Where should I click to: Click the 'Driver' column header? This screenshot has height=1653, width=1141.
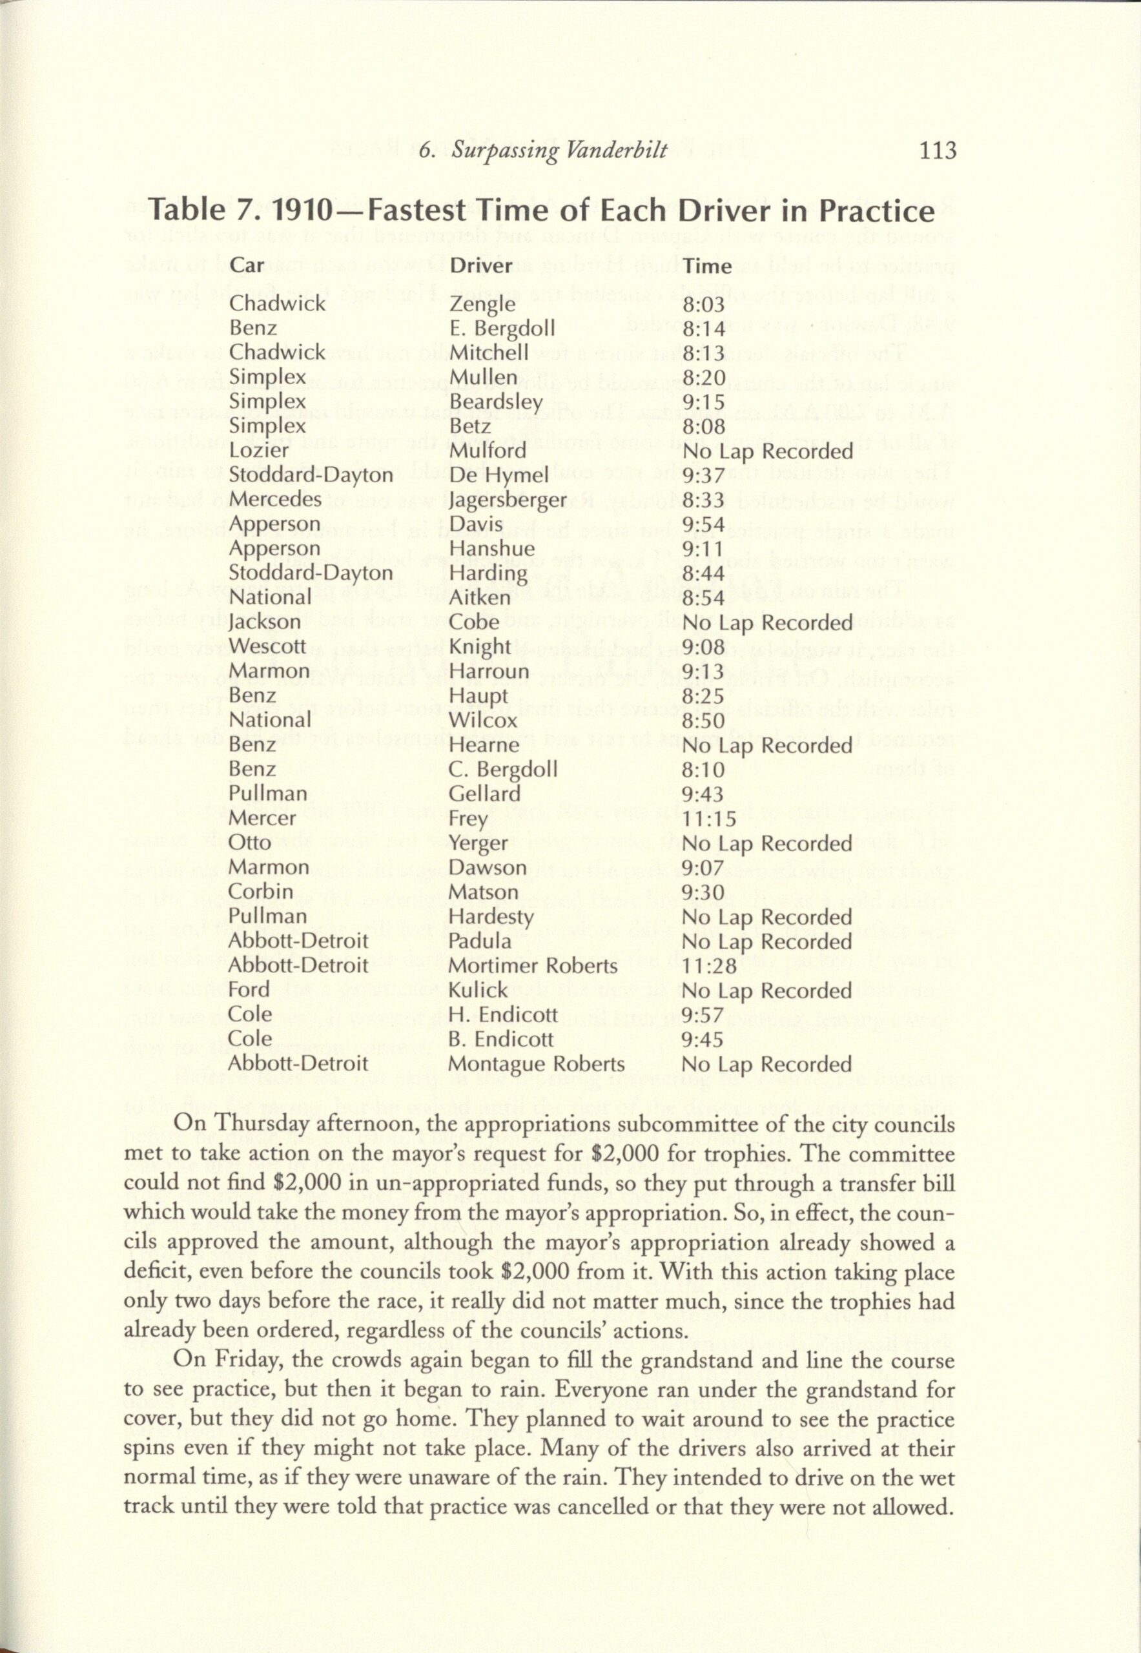point(480,266)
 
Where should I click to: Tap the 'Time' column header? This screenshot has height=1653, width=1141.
point(707,266)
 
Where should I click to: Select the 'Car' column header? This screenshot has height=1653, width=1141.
point(247,265)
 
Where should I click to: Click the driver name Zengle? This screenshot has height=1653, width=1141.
point(482,305)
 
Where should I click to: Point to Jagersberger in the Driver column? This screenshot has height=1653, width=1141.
point(508,500)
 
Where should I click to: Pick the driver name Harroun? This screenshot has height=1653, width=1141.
point(489,672)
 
